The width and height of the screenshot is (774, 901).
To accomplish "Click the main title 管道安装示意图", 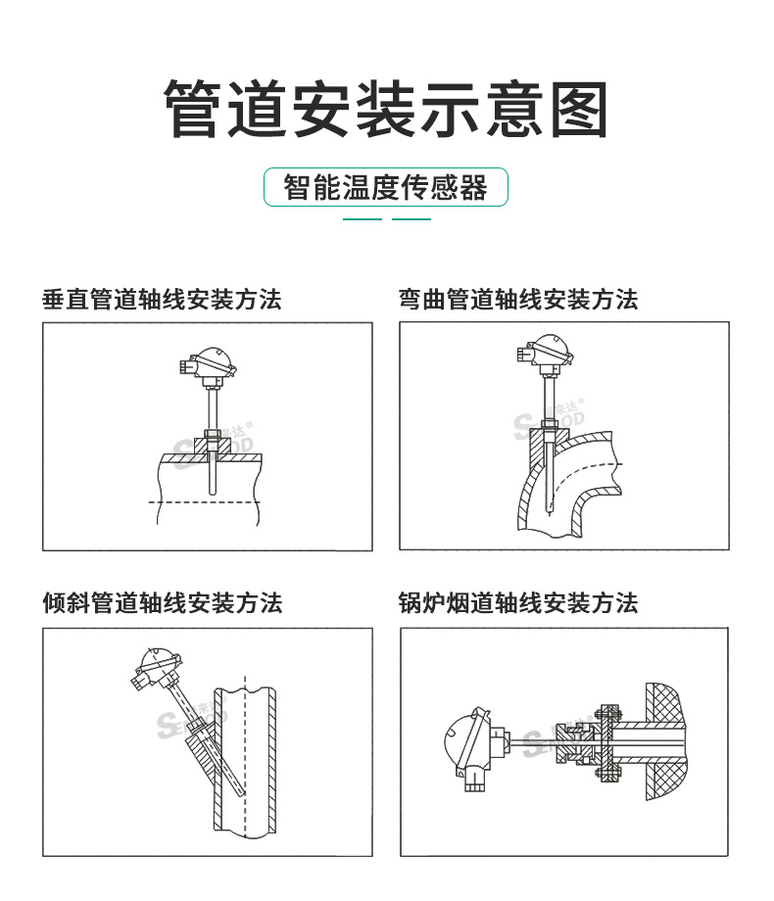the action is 385,109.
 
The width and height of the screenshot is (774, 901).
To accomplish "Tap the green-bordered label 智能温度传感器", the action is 385,187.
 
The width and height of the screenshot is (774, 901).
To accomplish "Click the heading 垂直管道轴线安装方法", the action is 163,300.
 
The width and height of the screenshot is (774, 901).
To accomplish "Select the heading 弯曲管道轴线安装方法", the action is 518,300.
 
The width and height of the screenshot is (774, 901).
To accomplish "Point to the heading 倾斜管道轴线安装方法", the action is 163,602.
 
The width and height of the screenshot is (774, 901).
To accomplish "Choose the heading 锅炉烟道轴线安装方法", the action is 518,602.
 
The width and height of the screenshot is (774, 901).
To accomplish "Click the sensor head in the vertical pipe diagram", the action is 208,366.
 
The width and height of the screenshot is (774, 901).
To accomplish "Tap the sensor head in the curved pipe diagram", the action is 545,354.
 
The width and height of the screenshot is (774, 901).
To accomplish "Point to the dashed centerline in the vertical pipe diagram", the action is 205,502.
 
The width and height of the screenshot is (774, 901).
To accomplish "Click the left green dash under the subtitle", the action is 363,219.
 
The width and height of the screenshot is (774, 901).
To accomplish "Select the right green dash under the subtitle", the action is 411,219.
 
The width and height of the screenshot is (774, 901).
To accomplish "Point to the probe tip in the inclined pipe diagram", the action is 243,793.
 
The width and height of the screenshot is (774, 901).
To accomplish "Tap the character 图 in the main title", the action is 579,109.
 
